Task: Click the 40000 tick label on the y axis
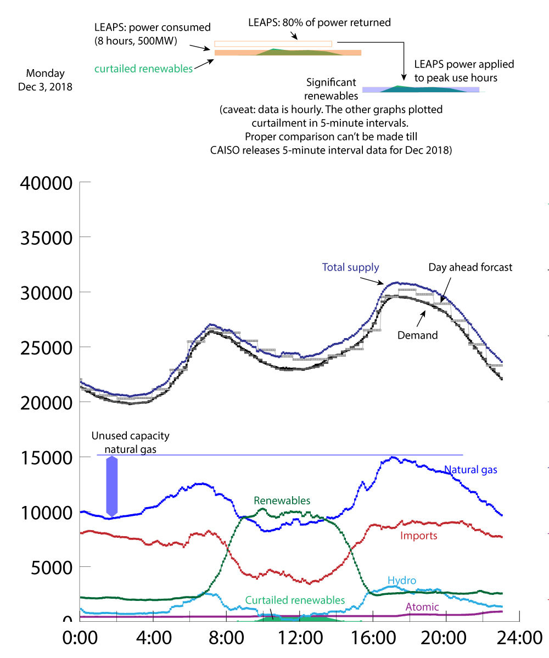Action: [x=46, y=183]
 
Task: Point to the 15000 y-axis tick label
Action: [x=46, y=457]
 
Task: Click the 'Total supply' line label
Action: [x=350, y=268]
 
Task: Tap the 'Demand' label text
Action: [x=417, y=335]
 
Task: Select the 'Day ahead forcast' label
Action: [x=470, y=267]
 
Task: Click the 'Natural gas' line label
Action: [x=470, y=470]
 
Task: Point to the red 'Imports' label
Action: [x=419, y=536]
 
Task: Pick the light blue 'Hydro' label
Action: [x=402, y=581]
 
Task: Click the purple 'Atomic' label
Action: [x=422, y=607]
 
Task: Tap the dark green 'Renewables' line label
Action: [x=282, y=500]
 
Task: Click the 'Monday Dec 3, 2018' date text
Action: [x=45, y=80]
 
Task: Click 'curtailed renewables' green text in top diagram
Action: [x=143, y=69]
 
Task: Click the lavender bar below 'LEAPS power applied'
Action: [x=421, y=89]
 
